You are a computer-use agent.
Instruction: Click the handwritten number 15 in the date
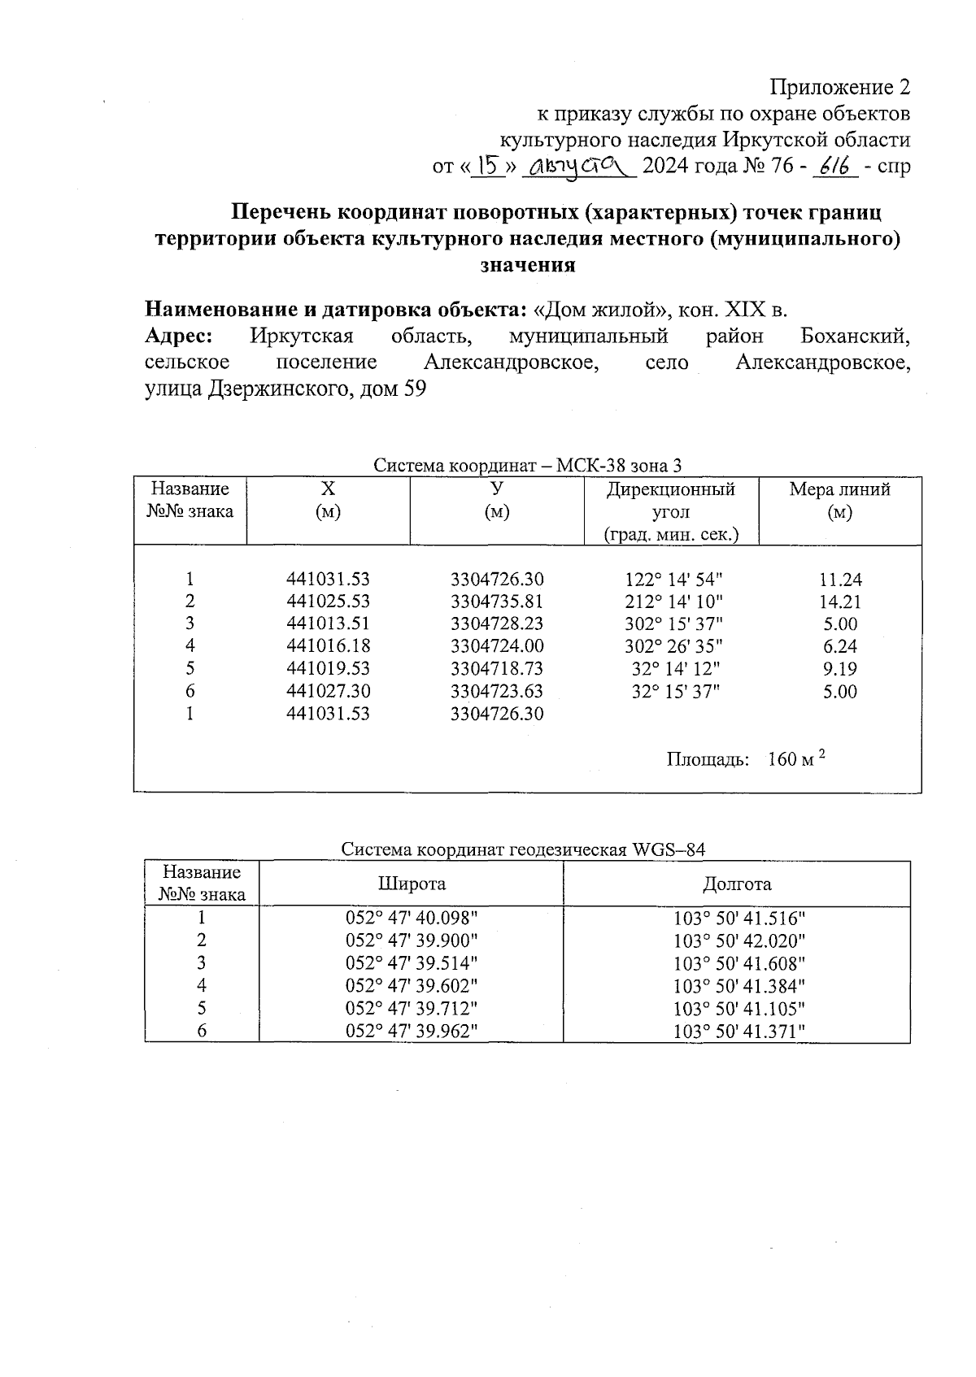489,167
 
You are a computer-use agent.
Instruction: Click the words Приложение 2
839,87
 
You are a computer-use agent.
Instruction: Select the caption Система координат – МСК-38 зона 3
527,466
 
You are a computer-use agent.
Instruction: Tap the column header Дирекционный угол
671,501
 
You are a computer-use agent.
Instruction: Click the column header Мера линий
839,489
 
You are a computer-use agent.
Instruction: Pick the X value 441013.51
328,623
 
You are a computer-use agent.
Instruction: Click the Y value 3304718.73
497,668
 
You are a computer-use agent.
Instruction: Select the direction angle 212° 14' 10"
674,602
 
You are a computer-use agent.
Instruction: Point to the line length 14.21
840,602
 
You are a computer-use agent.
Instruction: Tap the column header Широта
412,884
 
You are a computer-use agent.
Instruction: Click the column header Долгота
737,884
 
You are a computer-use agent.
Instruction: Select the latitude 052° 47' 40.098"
412,918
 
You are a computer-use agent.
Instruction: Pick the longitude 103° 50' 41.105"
739,1008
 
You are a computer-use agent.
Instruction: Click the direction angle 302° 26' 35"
674,646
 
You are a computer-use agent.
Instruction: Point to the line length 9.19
840,668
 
